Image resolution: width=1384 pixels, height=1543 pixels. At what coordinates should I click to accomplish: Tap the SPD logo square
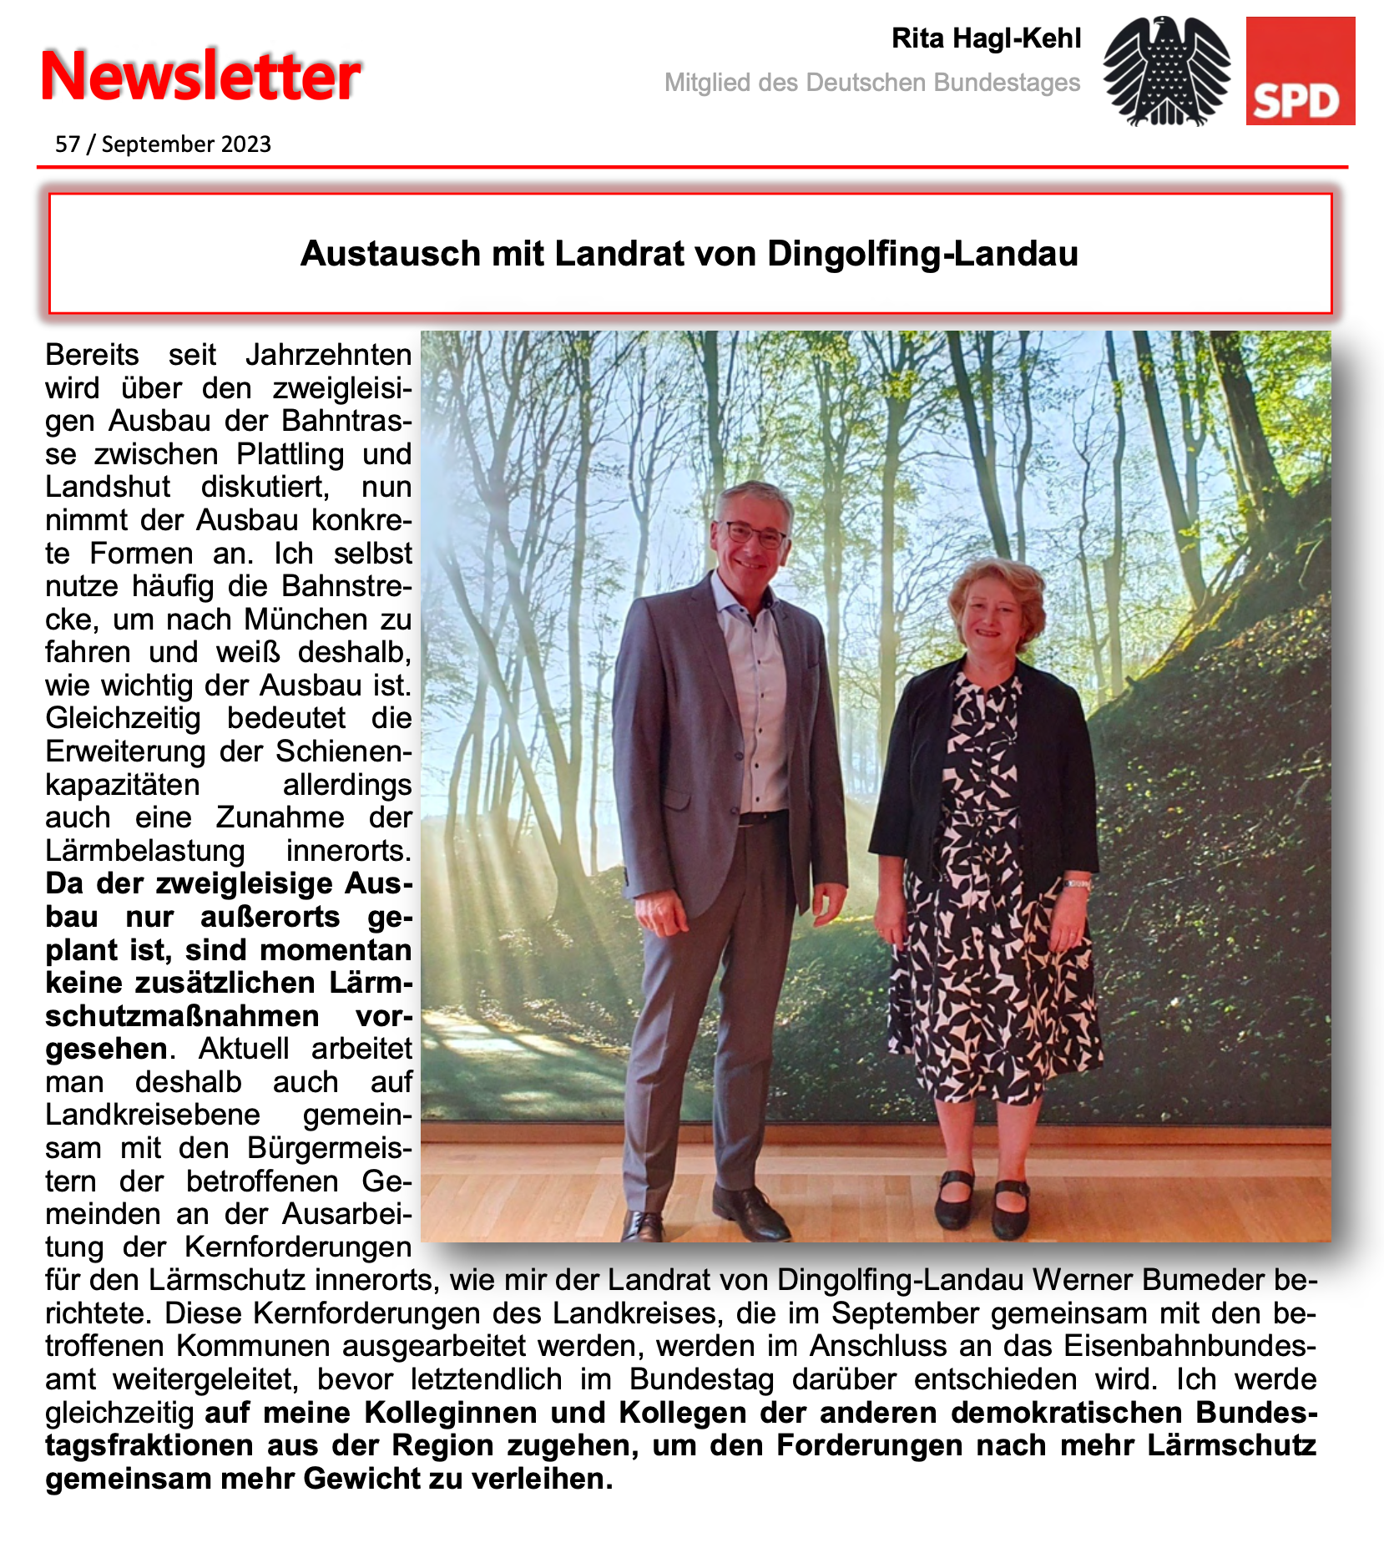pyautogui.click(x=1300, y=71)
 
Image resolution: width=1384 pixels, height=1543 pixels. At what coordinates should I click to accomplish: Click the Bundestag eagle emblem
pyautogui.click(x=1166, y=72)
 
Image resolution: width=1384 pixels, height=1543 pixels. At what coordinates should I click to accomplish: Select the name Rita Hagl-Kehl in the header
pyautogui.click(x=986, y=38)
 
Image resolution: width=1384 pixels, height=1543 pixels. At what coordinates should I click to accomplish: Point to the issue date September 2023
pyautogui.click(x=186, y=144)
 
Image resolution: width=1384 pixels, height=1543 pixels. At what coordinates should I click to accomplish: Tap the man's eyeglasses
pyautogui.click(x=754, y=534)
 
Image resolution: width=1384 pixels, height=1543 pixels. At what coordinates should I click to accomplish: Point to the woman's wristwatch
pyautogui.click(x=1076, y=883)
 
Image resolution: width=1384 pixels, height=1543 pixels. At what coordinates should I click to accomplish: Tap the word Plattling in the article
pyautogui.click(x=290, y=454)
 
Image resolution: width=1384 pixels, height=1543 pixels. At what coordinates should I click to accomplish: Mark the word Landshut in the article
pyautogui.click(x=108, y=487)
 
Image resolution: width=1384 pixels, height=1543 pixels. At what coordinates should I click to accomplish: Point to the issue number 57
pyautogui.click(x=67, y=144)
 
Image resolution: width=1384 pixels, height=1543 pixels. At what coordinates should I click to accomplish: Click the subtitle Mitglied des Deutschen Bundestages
pyautogui.click(x=872, y=83)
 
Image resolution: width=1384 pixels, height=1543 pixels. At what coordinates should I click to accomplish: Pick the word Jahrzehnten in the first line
pyautogui.click(x=328, y=355)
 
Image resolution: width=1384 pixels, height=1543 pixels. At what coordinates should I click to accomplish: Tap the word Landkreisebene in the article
pyautogui.click(x=153, y=1115)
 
